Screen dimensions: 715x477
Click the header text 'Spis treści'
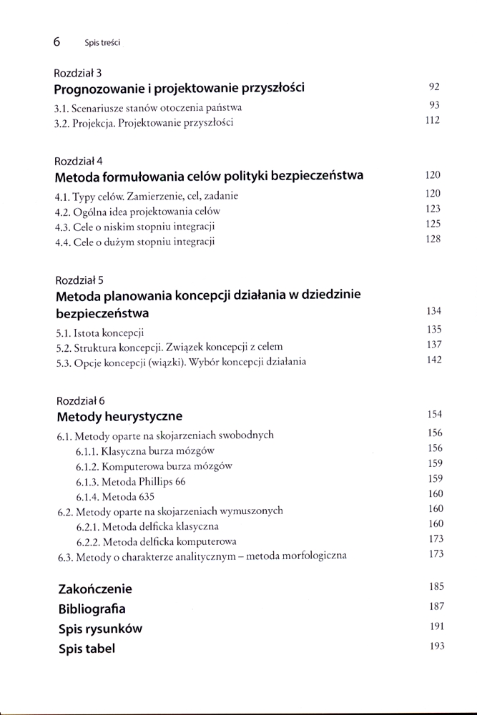pyautogui.click(x=101, y=43)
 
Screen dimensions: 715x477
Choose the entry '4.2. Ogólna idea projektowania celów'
pyautogui.click(x=137, y=211)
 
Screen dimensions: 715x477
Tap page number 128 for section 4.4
pyautogui.click(x=433, y=240)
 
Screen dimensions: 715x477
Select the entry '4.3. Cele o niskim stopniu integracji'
pyautogui.click(x=135, y=226)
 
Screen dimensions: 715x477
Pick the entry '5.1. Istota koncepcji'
pyautogui.click(x=99, y=332)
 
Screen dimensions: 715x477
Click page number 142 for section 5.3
pyautogui.click(x=433, y=360)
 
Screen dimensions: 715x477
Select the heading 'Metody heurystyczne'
pyautogui.click(x=119, y=415)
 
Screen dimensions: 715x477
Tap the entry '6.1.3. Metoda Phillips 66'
pyautogui.click(x=130, y=481)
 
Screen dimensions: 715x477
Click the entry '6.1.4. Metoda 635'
pyautogui.click(x=115, y=496)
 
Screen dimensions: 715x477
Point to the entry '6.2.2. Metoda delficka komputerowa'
pyautogui.click(x=156, y=541)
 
